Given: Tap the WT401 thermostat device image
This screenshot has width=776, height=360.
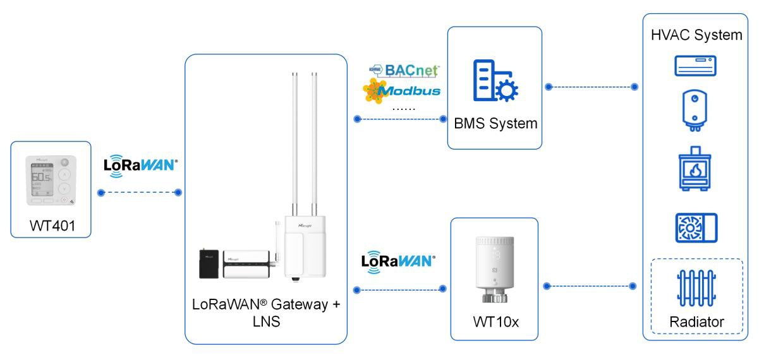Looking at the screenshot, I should click(x=51, y=181).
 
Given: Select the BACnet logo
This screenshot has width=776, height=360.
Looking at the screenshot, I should click(x=404, y=70).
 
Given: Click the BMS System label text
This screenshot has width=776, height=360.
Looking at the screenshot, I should click(x=495, y=123).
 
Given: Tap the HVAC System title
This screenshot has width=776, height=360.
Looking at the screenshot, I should click(x=696, y=35).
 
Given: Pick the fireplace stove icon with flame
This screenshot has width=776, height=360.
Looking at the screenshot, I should click(x=694, y=169).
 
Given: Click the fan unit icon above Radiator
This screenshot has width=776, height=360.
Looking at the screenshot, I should click(x=694, y=227).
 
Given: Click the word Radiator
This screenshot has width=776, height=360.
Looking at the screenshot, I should click(x=696, y=322).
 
